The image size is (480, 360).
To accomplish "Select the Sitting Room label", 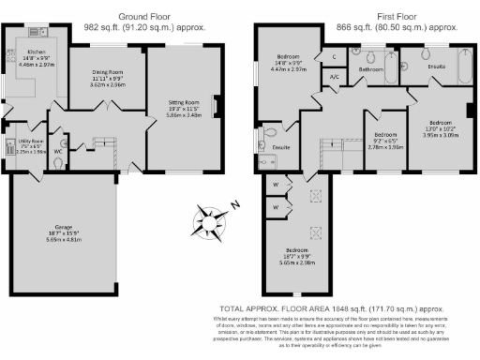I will coord(184,102).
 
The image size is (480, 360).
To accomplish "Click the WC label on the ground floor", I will coord(58,150).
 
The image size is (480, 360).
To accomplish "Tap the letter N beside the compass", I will coord(237,205).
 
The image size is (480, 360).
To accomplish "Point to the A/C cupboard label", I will coord(334,77).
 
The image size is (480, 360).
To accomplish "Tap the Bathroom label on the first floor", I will coord(371,69).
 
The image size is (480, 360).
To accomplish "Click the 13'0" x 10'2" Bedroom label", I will coord(441,123).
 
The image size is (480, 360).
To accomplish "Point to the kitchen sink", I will coord(37,31).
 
